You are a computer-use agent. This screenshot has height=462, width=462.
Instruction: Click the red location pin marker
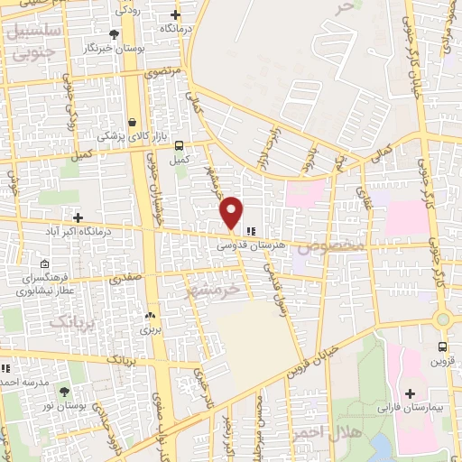click(232, 211)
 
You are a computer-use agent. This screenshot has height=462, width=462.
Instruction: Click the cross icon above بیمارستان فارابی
click(410, 395)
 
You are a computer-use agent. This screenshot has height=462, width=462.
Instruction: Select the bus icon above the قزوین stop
click(442, 346)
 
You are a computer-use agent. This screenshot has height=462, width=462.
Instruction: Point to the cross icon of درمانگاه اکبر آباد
click(78, 217)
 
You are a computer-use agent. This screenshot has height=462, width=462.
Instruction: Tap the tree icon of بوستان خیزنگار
click(113, 34)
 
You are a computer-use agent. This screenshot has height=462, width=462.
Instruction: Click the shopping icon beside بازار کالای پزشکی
click(133, 122)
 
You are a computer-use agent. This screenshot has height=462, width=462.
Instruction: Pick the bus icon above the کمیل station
click(180, 145)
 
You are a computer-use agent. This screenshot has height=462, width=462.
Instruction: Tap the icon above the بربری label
click(151, 316)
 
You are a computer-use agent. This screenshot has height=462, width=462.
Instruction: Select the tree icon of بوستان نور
click(64, 392)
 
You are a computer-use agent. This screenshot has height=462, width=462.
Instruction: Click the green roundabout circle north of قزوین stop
click(442, 319)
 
